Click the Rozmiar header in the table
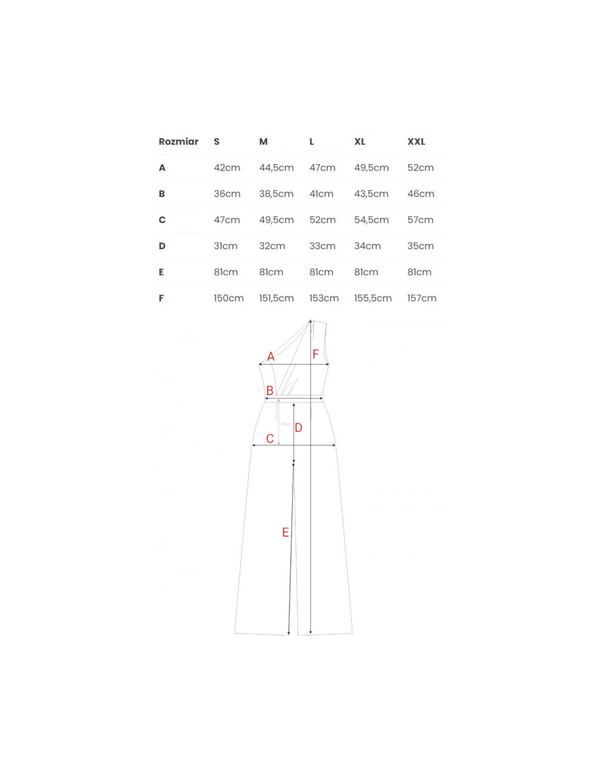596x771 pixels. click(178, 142)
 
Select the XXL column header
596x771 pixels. click(416, 142)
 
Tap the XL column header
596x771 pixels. click(360, 142)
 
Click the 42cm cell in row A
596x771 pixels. click(227, 168)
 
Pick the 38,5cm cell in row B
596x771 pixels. click(276, 194)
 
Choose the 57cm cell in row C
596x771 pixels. click(420, 220)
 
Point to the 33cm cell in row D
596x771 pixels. click(322, 246)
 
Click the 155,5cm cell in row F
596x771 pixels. click(373, 298)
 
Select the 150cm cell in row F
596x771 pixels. click(229, 298)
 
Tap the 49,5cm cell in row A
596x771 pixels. click(371, 168)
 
